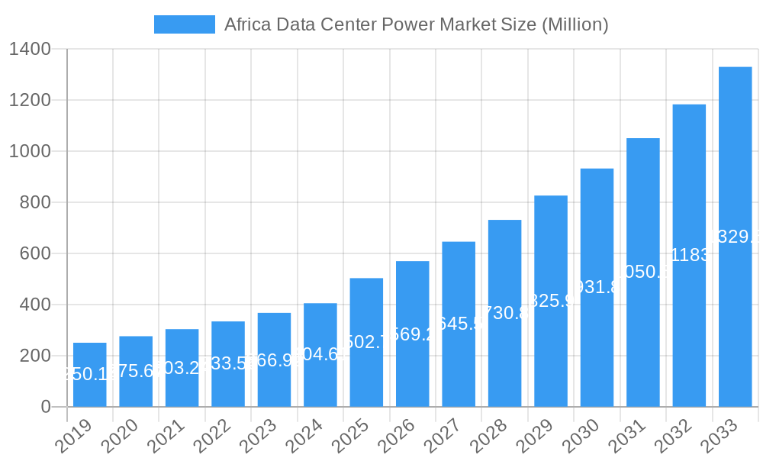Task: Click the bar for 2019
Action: click(90, 375)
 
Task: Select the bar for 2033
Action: click(735, 237)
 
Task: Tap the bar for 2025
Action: click(366, 342)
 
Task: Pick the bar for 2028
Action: click(504, 313)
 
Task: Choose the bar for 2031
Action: click(642, 273)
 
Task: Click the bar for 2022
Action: click(228, 364)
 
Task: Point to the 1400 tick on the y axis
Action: click(30, 50)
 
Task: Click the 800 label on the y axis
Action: click(35, 202)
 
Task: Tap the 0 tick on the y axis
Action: click(45, 407)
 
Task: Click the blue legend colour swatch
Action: click(184, 24)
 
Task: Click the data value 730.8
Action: click(504, 313)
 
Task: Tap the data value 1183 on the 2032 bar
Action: click(689, 255)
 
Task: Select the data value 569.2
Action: click(412, 334)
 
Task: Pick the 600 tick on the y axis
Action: click(35, 253)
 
